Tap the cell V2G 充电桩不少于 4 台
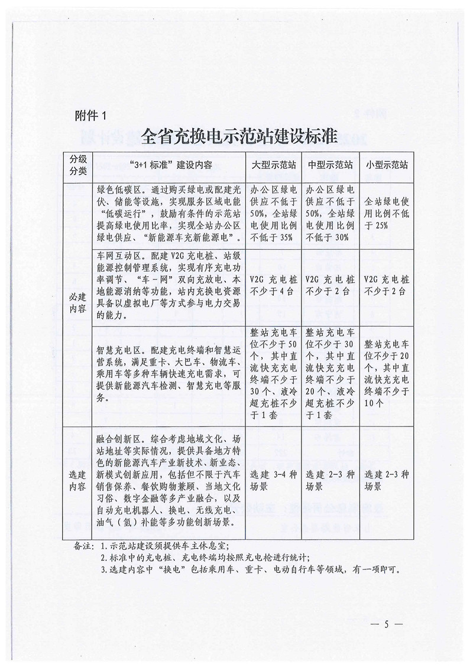click(x=273, y=284)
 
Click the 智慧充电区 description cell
click(x=169, y=373)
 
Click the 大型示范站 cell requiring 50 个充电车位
click(x=273, y=373)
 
